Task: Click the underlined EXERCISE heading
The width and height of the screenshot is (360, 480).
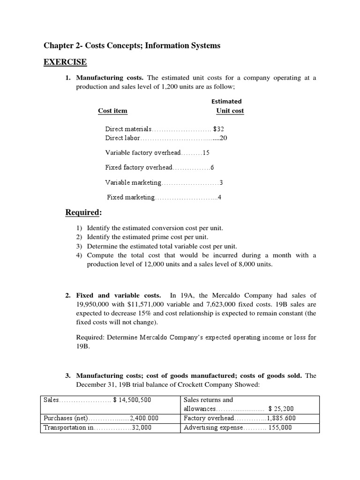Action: (65, 62)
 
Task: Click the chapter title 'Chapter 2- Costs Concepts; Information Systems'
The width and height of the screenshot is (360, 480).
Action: (132, 45)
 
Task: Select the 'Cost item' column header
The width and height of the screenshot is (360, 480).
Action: (112, 111)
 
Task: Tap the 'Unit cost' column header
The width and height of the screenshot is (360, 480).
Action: (230, 111)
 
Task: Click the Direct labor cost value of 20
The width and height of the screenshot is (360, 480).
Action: (224, 138)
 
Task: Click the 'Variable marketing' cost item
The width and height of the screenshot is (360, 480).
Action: (133, 182)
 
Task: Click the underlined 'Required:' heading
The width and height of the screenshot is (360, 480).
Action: (83, 213)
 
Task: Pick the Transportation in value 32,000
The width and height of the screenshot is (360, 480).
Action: (141, 427)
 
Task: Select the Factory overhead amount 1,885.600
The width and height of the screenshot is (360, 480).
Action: (281, 418)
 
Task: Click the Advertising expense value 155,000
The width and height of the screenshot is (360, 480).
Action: (280, 427)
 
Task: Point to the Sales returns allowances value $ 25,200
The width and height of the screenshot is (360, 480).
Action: (281, 409)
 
